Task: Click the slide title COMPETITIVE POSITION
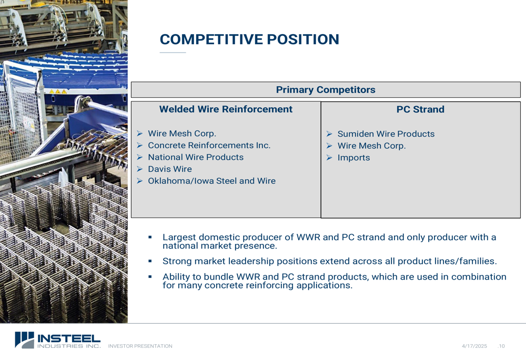pyautogui.click(x=249, y=39)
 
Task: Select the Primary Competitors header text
pyautogui.click(x=326, y=90)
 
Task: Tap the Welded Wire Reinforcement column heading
pyautogui.click(x=226, y=109)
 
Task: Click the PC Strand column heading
pyautogui.click(x=420, y=109)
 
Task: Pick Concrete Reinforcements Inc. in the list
pyautogui.click(x=209, y=146)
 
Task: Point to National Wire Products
pyautogui.click(x=196, y=157)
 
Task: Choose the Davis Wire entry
pyautogui.click(x=170, y=169)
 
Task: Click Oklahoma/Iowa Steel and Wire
pyautogui.click(x=211, y=181)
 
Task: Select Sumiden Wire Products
pyautogui.click(x=386, y=134)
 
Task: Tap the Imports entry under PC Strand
pyautogui.click(x=353, y=158)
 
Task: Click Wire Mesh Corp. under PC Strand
pyautogui.click(x=371, y=146)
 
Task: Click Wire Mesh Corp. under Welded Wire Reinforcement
pyautogui.click(x=182, y=133)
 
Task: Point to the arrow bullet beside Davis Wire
pyautogui.click(x=139, y=169)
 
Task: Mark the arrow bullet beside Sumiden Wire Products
pyautogui.click(x=329, y=134)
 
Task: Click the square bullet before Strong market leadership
pyautogui.click(x=150, y=261)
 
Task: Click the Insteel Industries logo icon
pyautogui.click(x=25, y=340)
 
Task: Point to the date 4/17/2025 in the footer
pyautogui.click(x=474, y=346)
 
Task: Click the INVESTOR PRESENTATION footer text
pyautogui.click(x=140, y=346)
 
